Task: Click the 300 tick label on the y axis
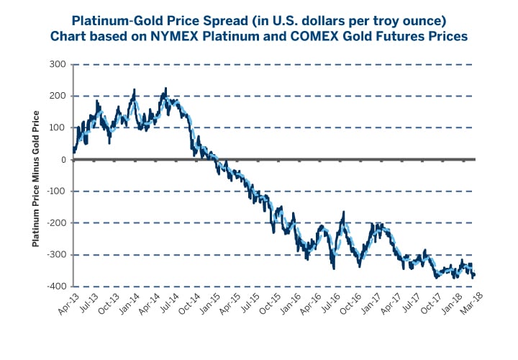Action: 59,65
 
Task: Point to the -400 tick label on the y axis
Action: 57,287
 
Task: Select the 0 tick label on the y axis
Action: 63,160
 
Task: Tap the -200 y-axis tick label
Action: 57,223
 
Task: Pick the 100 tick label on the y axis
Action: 59,128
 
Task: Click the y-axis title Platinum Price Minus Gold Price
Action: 35,176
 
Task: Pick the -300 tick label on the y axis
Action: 57,255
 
